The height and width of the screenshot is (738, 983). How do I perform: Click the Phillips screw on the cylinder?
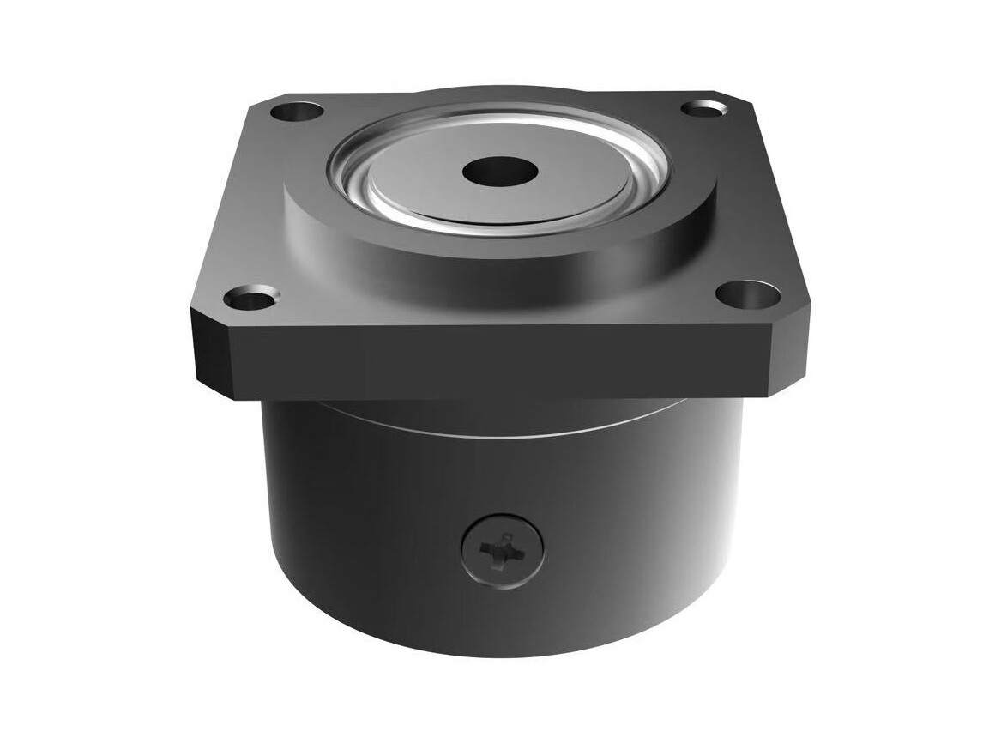point(503,551)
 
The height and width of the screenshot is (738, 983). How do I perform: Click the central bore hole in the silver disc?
point(499,172)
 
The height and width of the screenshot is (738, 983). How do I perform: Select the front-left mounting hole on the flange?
point(250,300)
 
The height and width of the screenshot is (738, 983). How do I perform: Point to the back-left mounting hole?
point(296,111)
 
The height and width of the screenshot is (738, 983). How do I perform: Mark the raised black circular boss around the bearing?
point(498,249)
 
